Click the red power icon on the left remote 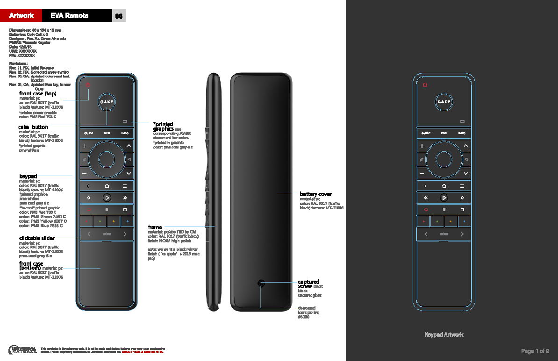(88, 85)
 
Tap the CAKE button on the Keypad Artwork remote (444, 102)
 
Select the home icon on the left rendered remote (107, 186)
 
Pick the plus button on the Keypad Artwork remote (422, 146)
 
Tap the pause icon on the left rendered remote (107, 210)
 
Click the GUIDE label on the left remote (88, 133)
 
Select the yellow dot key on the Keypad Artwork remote (451, 221)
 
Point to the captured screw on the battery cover (261, 283)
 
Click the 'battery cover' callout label (316, 194)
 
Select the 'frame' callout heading (155, 227)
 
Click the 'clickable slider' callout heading (37, 238)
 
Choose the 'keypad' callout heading (28, 176)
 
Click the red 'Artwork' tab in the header (21, 15)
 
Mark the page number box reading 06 (119, 16)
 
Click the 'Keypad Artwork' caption (444, 334)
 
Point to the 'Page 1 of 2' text (535, 351)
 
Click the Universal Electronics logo (22, 349)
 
